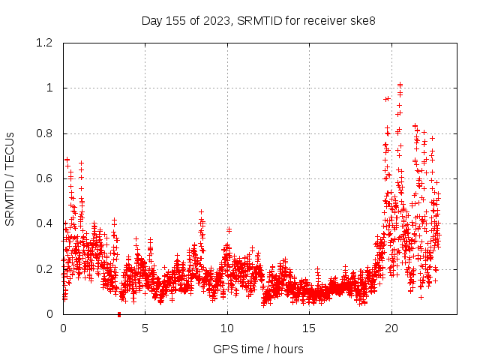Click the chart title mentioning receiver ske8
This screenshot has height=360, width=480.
258,20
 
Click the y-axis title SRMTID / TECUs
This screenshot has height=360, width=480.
10,178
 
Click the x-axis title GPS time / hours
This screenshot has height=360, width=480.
258,349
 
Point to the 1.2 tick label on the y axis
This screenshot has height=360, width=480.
44,43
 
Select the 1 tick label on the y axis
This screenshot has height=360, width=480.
49,88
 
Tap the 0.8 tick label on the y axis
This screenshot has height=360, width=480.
44,133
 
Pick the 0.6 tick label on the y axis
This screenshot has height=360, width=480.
44,178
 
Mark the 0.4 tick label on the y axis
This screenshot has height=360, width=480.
44,223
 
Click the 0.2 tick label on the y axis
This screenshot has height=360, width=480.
44,269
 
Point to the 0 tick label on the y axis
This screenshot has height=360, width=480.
49,314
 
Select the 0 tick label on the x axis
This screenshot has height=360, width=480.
63,328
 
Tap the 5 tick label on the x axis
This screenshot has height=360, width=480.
145,328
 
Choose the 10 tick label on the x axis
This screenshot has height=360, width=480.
227,328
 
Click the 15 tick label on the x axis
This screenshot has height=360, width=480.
309,328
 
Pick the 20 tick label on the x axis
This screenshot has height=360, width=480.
391,328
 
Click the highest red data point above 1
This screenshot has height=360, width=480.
400,85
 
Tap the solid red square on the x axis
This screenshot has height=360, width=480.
119,314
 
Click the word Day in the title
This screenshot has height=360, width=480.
152,20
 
